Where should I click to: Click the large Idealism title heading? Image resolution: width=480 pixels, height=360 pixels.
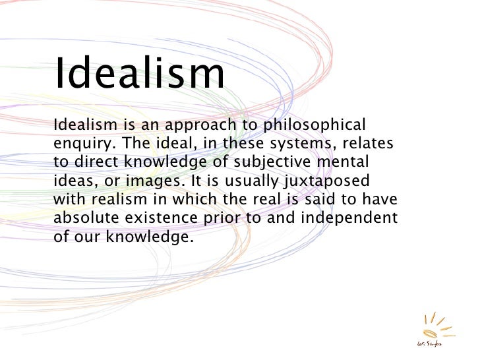139,74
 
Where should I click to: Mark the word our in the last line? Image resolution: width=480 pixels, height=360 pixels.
85,236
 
